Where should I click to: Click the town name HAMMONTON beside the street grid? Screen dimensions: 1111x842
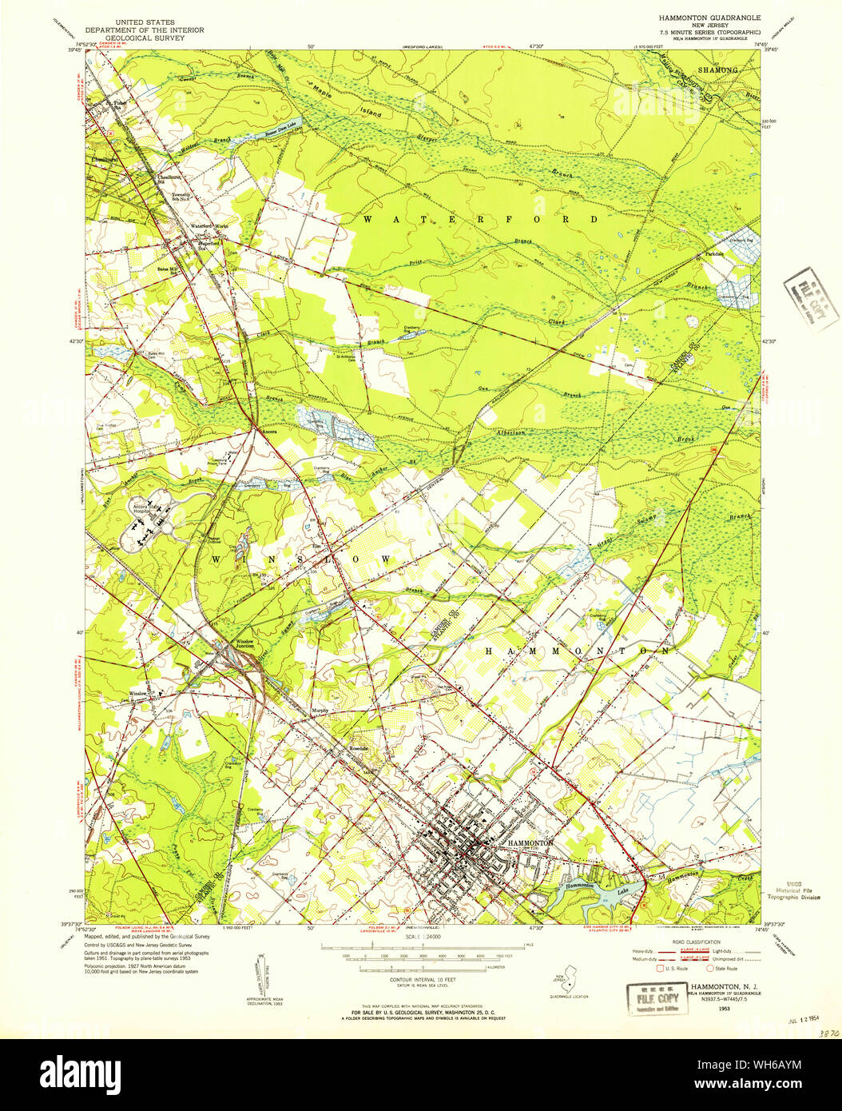click(x=530, y=843)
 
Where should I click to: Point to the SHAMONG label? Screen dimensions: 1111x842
click(x=718, y=70)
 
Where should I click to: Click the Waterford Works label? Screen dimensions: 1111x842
click(x=209, y=226)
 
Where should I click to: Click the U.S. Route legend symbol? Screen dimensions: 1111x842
click(x=661, y=968)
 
